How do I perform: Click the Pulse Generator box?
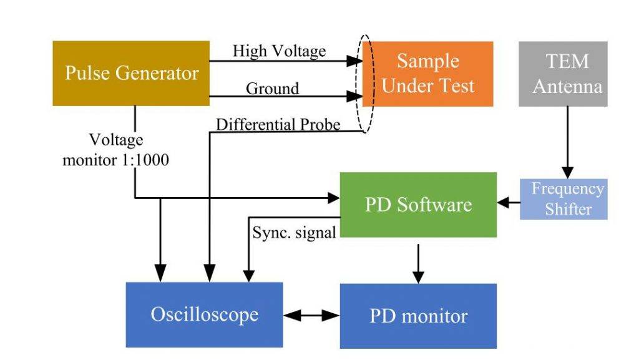(131, 73)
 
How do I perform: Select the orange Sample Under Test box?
(428, 74)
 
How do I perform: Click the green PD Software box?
(418, 205)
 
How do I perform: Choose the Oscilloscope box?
(204, 314)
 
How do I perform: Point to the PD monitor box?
(418, 316)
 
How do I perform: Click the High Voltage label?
(279, 51)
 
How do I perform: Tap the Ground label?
(272, 89)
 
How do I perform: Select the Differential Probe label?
(278, 125)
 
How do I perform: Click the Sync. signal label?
(294, 233)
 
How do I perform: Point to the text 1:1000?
(144, 160)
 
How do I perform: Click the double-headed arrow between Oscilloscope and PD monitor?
(311, 316)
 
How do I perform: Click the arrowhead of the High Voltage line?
(356, 61)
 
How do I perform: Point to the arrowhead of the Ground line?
(356, 97)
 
